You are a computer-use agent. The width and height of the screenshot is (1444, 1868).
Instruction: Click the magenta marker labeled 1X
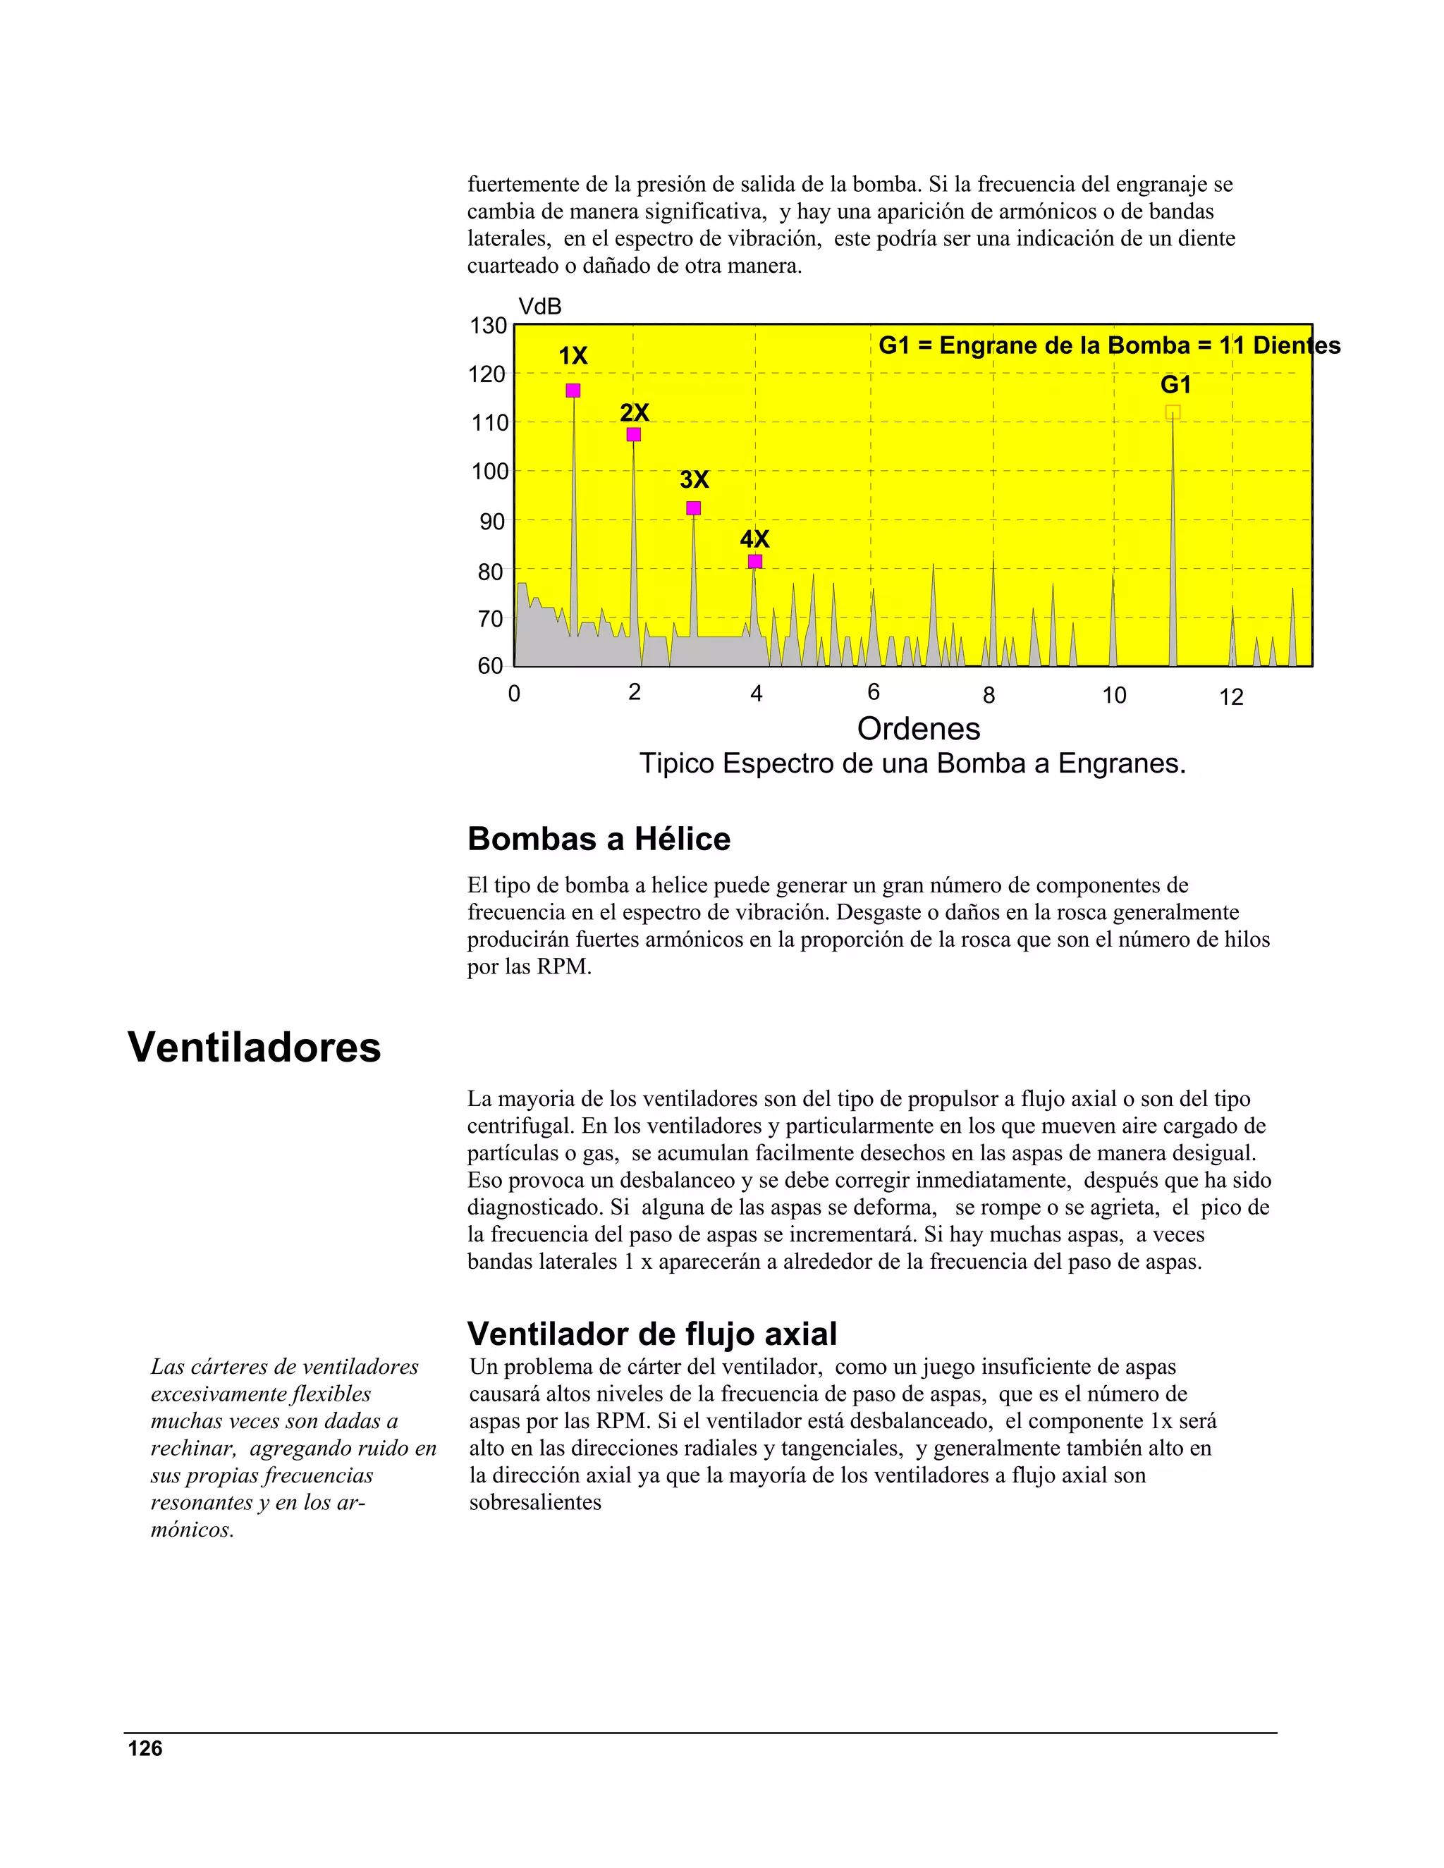[573, 391]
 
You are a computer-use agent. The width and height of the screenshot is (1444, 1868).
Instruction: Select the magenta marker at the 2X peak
[634, 434]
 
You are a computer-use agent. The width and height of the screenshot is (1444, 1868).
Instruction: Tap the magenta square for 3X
[694, 508]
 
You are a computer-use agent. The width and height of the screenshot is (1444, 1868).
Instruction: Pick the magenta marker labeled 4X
[754, 561]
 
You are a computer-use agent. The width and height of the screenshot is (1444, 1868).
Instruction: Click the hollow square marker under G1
[1173, 412]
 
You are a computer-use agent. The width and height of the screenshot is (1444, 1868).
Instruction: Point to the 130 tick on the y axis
[489, 326]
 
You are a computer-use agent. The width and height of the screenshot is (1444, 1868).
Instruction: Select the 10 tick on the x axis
[1114, 695]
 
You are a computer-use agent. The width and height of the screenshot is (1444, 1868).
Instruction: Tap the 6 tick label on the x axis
[874, 692]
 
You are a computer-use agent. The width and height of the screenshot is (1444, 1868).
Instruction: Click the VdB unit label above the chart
[540, 306]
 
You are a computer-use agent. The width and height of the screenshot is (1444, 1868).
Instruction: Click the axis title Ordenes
[919, 729]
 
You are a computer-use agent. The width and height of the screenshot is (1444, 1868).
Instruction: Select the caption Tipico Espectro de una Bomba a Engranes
[913, 763]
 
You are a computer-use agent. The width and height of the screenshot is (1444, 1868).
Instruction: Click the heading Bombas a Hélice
[599, 839]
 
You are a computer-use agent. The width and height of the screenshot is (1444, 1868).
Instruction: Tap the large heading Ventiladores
[254, 1047]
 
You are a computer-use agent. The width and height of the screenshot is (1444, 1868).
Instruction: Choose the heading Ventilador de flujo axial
[652, 1334]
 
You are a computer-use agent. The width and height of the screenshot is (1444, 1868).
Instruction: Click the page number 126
[145, 1748]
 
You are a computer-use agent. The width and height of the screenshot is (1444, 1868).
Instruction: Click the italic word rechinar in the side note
[193, 1448]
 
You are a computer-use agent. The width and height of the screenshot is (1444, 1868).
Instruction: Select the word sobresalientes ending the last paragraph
[536, 1502]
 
